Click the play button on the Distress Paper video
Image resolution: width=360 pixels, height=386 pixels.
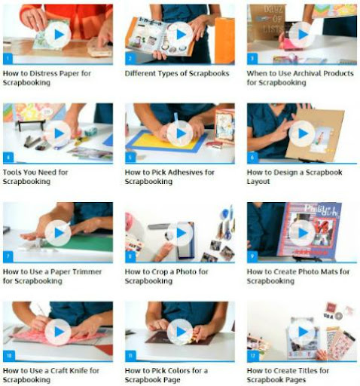click(58, 35)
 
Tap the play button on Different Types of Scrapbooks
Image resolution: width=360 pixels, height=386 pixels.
click(180, 35)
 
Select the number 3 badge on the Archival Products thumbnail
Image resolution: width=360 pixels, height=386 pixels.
click(252, 59)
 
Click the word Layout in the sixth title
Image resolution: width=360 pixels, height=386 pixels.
click(258, 182)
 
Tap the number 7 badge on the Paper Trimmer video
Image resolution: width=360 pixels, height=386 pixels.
click(8, 257)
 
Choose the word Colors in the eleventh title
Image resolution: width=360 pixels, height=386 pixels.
click(179, 371)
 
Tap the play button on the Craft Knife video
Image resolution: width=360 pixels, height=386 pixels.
click(58, 332)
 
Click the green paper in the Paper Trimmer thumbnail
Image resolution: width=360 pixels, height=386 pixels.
click(84, 243)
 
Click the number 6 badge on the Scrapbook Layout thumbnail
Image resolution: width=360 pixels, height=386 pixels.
click(252, 158)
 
